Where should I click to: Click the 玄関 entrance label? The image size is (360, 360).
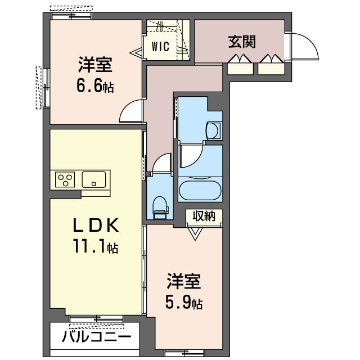(242, 42)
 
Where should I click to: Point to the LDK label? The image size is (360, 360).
(95, 226)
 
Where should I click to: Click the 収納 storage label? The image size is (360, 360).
(204, 216)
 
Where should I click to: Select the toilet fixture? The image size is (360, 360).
(161, 206)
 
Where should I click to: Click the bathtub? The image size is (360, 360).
(200, 191)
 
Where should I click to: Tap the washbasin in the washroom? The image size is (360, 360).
(214, 130)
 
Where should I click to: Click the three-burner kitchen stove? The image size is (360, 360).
(65, 180)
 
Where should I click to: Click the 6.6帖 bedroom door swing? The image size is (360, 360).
(131, 111)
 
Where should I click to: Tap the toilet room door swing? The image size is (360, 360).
(162, 164)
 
